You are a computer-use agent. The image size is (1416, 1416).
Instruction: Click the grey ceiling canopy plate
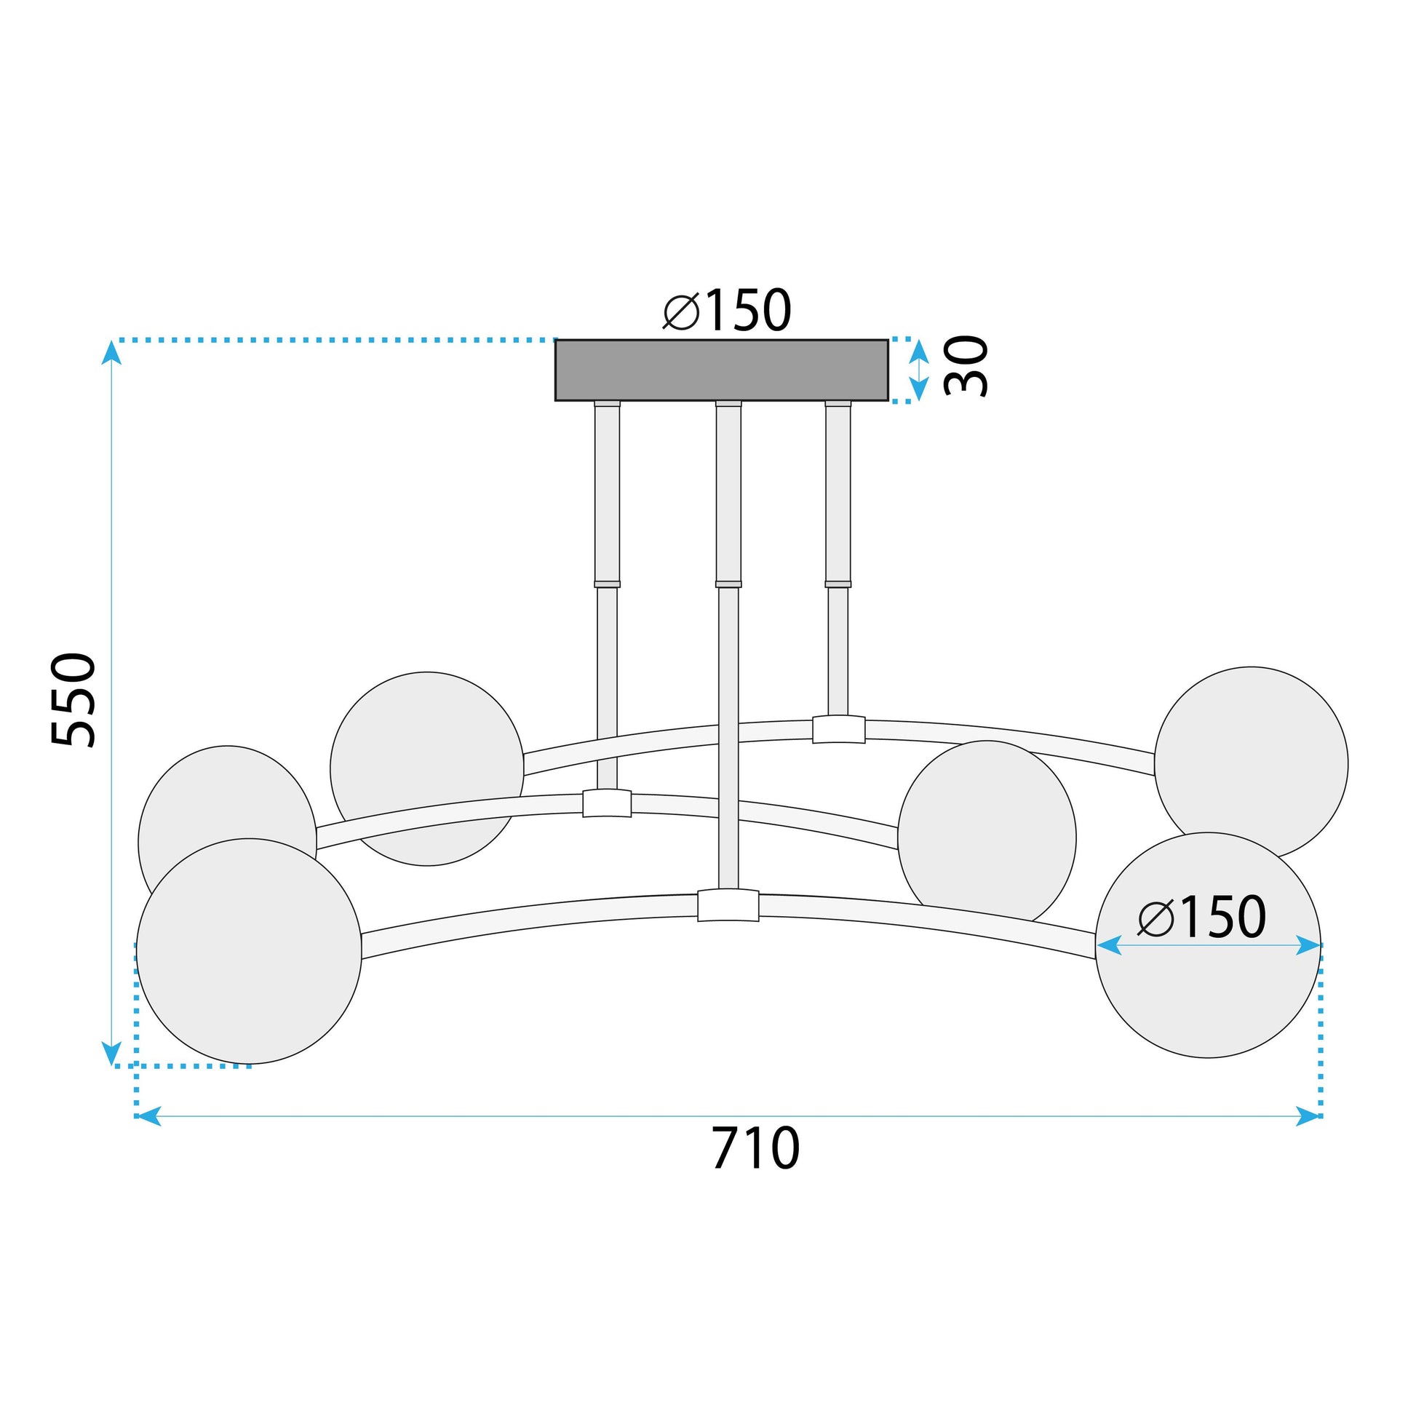[721, 370]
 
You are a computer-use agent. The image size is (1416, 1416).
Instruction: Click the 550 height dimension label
[73, 700]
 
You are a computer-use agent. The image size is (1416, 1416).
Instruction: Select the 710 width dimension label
[755, 1149]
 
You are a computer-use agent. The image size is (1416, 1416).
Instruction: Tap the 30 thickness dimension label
[966, 367]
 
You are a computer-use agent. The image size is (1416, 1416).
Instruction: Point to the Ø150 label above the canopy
[727, 311]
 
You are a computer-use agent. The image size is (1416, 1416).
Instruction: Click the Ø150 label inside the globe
[1202, 918]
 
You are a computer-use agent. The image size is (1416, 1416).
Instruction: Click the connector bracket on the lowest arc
[728, 905]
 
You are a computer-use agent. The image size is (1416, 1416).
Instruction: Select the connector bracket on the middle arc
[607, 803]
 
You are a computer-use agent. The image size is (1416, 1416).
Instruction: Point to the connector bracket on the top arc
[839, 729]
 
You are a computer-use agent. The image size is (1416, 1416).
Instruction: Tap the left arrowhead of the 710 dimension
[148, 1116]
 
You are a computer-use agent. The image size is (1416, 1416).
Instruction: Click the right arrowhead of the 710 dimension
[1308, 1116]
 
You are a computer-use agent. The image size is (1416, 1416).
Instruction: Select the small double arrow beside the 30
[918, 370]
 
